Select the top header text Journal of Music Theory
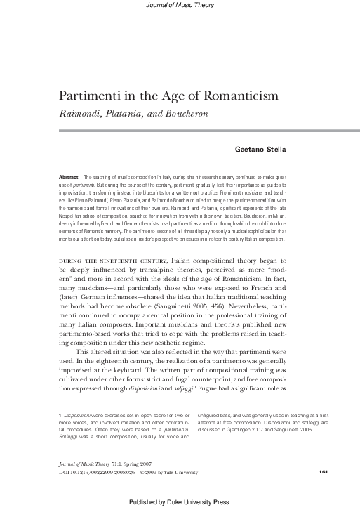(179, 6)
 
